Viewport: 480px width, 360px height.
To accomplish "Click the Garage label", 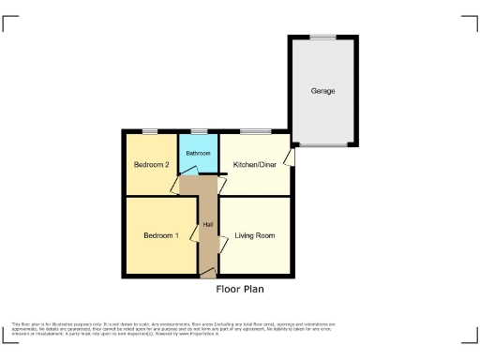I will (322, 91).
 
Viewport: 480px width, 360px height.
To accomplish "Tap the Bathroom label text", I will (198, 153).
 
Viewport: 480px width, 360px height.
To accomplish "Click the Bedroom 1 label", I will (160, 235).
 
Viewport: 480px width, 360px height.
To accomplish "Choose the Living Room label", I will (255, 235).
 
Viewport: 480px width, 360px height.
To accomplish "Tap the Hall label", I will (207, 224).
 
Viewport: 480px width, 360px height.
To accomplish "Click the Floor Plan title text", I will (241, 290).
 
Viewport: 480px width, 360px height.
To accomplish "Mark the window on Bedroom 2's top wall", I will (150, 130).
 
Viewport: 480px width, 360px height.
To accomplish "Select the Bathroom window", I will (198, 130).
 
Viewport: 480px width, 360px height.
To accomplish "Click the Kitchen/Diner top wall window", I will (254, 130).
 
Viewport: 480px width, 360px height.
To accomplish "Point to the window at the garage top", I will (323, 37).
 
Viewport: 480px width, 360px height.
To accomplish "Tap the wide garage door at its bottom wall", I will (323, 145).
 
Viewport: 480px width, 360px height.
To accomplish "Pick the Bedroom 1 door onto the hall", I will (195, 226).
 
